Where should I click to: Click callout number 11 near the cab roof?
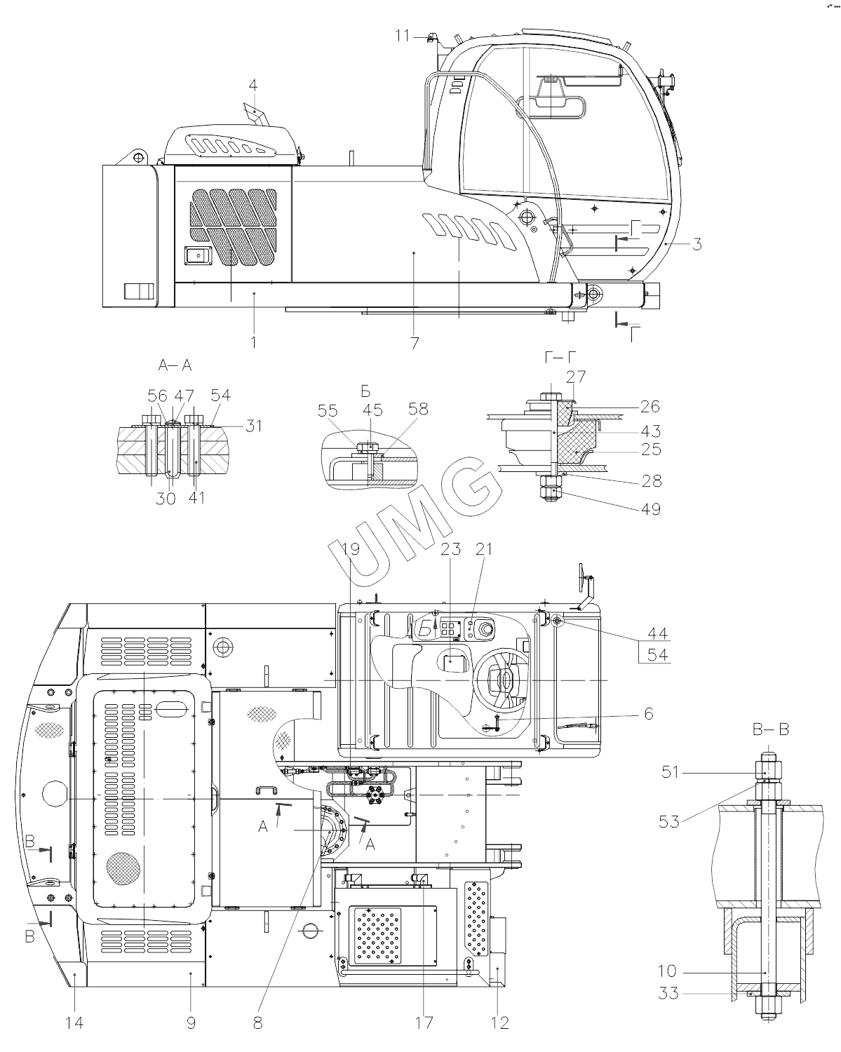click(x=402, y=36)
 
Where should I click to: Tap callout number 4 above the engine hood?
click(x=253, y=86)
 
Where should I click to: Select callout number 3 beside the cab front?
click(x=697, y=244)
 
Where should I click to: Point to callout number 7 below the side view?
click(x=415, y=343)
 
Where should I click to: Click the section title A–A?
click(x=175, y=365)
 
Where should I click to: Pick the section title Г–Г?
click(x=560, y=358)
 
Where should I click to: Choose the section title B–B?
click(x=771, y=730)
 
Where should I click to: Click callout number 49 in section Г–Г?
click(x=651, y=509)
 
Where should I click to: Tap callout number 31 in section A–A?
click(x=254, y=426)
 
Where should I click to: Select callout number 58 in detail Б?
click(x=419, y=409)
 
